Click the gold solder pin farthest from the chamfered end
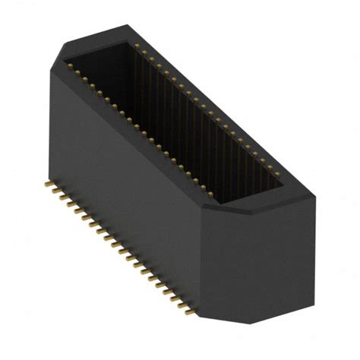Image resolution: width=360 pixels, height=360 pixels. (49, 185)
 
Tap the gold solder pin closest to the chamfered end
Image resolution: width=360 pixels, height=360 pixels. (185, 309)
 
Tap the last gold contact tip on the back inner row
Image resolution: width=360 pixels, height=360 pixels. (273, 169)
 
